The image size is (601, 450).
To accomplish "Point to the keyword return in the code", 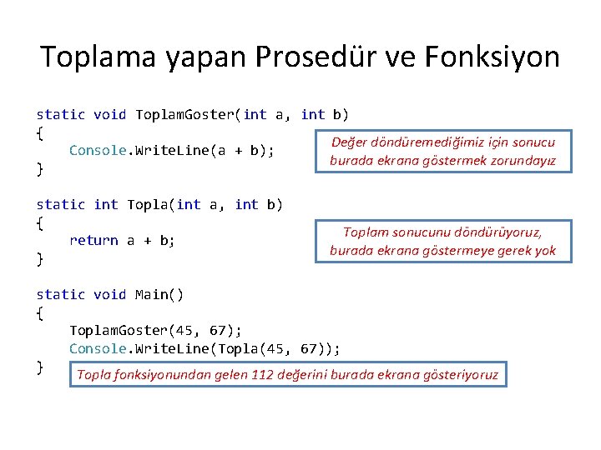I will (93, 240).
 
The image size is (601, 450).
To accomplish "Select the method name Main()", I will (159, 294).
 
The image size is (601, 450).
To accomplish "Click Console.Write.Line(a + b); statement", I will (172, 151).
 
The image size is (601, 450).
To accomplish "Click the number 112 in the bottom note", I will (263, 375).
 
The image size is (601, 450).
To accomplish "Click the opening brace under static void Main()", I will (39, 313).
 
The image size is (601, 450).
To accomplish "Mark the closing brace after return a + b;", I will (39, 259).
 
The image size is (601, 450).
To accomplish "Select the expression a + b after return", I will (151, 240).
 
